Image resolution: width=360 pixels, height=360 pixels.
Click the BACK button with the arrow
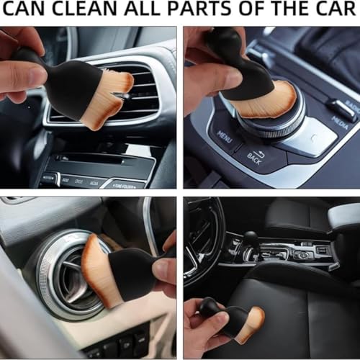253,156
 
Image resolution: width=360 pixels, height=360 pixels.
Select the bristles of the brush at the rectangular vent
108,97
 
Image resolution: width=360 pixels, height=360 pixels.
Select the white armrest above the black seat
344,216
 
